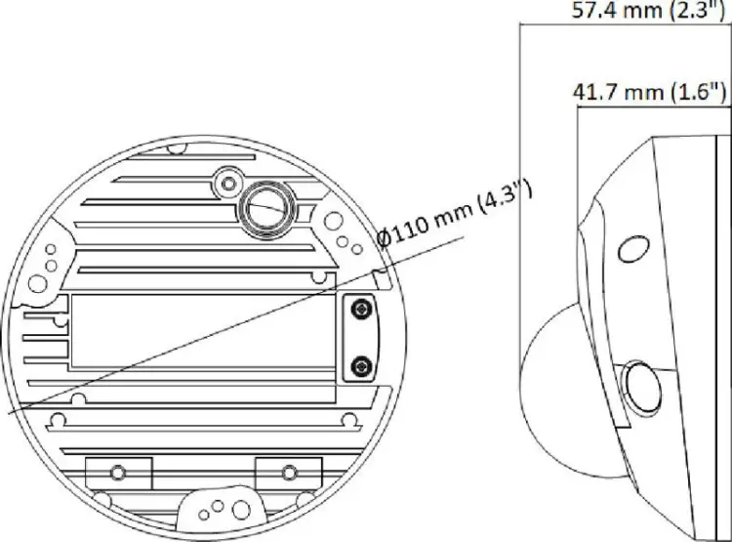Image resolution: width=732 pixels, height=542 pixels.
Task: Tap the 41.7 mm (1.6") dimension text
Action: pos(649,92)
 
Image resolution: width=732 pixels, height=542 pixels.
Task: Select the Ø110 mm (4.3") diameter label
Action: pos(455,215)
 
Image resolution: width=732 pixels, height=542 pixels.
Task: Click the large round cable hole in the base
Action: pos(265,210)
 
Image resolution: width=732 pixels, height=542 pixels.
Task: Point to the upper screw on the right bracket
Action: pos(360,309)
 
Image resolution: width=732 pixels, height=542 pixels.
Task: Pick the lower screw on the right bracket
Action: pos(360,366)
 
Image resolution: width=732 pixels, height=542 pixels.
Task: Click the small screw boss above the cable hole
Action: pos(228,184)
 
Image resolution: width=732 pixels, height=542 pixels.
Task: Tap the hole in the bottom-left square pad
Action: pos(118,473)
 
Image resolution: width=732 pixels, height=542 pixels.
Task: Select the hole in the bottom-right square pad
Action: pos(290,473)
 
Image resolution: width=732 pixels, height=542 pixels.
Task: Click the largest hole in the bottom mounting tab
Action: pos(241,510)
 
